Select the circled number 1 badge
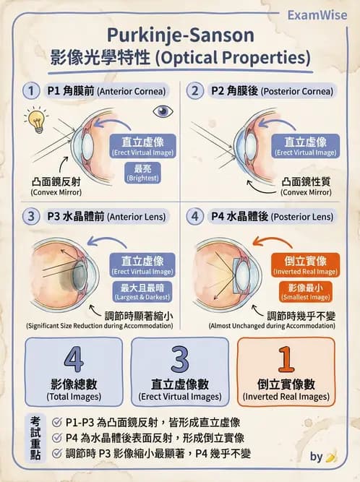point(31,91)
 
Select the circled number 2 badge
point(194,91)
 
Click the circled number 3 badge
point(31,216)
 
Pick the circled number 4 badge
point(194,216)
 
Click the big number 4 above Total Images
point(73,359)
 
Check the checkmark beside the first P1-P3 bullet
point(58,421)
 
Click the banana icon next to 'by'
point(332,457)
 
